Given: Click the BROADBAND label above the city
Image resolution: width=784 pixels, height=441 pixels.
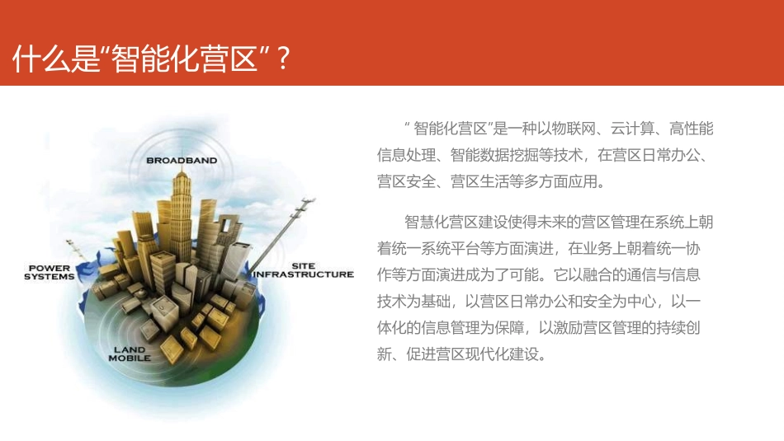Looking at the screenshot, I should click(182, 160).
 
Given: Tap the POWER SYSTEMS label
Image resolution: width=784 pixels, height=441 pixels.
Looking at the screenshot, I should click(50, 273).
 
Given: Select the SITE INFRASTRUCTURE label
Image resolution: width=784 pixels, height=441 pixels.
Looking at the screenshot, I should click(303, 270).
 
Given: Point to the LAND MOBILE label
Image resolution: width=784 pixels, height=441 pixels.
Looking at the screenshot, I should click(130, 354).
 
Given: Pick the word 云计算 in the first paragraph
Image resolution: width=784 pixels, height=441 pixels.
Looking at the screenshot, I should click(633, 129).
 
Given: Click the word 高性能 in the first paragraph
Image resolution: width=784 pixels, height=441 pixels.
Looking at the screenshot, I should click(692, 129).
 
